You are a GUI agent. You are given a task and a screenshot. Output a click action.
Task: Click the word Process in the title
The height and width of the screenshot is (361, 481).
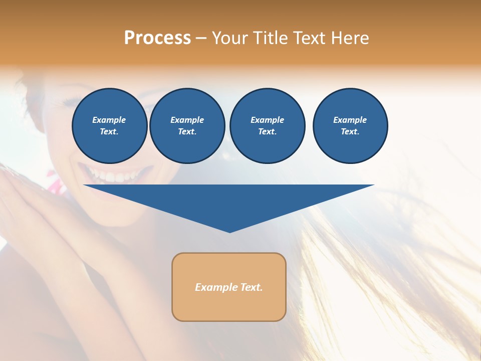click(157, 38)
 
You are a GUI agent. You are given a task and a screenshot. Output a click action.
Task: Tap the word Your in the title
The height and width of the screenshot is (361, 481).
click(229, 38)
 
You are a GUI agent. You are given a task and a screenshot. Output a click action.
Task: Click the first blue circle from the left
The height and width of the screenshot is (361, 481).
click(109, 125)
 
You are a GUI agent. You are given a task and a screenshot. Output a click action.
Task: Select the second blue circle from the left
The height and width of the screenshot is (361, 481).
click(187, 125)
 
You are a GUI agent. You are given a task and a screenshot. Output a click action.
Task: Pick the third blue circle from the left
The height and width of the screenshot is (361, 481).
click(267, 125)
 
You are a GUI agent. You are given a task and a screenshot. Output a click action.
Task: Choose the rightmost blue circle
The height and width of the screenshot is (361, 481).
click(350, 125)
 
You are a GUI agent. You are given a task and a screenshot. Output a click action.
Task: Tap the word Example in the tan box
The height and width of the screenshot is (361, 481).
click(215, 287)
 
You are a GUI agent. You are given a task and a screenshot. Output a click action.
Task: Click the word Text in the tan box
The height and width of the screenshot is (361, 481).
click(250, 287)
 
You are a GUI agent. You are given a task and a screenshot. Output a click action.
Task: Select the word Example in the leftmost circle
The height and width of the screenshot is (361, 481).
click(109, 120)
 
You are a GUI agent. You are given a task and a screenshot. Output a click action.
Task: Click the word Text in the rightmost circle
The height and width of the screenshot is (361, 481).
click(350, 131)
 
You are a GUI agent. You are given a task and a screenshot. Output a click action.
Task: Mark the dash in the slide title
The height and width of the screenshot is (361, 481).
click(201, 39)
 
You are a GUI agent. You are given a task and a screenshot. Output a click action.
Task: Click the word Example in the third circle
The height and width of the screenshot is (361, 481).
click(267, 120)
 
